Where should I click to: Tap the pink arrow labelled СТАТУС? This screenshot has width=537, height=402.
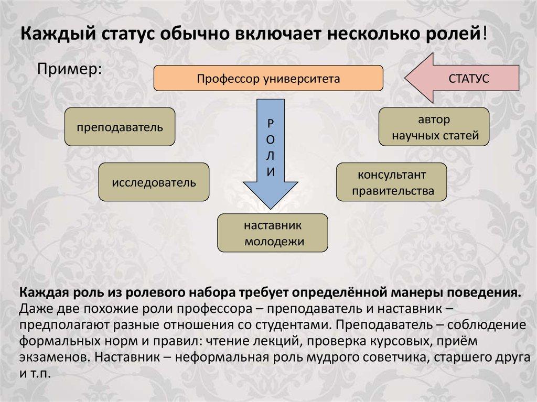[x=461, y=79]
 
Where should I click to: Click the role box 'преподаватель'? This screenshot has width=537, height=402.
[x=120, y=127]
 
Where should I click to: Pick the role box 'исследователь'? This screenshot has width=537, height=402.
[x=154, y=182]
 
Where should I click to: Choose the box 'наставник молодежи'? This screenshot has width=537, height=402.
[x=273, y=232]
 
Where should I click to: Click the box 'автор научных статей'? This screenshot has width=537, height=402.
[x=434, y=127]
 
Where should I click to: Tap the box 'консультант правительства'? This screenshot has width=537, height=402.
[x=391, y=182]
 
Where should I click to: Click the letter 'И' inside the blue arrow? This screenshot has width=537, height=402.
[x=270, y=172]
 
